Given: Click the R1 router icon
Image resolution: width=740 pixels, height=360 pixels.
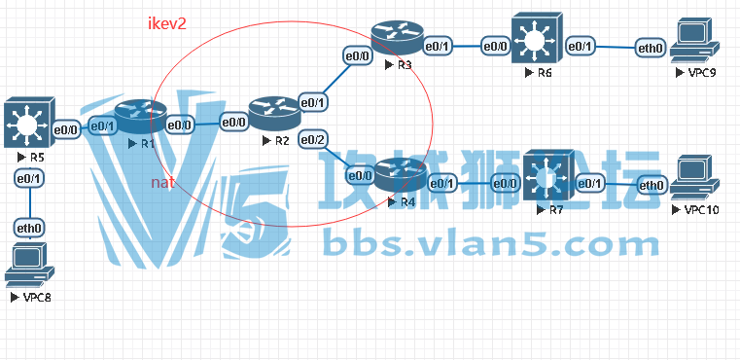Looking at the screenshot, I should point(140,119).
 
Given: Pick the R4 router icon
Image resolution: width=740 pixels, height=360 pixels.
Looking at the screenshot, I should point(401,175).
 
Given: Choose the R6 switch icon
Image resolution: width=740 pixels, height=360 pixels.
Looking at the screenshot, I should point(535,42).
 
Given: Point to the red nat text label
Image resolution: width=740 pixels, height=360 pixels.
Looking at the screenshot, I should point(161,182).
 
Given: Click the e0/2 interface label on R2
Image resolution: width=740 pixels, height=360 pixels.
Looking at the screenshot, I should point(313,141).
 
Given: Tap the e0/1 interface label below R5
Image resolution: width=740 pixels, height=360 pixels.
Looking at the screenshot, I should point(28,178).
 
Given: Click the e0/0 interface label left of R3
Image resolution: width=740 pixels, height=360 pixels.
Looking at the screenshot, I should point(357,56).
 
